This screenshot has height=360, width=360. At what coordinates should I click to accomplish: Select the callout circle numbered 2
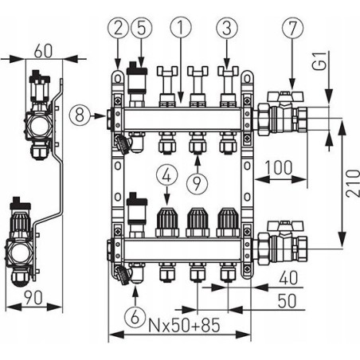point(118,28)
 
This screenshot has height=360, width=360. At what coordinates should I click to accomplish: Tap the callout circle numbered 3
point(227,28)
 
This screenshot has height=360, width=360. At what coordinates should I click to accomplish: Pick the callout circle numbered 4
point(166,177)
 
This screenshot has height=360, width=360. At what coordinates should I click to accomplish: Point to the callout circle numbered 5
point(141,28)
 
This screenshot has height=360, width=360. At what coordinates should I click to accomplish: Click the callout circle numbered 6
point(135,316)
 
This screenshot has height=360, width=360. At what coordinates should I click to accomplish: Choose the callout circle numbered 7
point(292,28)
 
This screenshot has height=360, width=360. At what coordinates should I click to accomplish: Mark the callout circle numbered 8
point(80,115)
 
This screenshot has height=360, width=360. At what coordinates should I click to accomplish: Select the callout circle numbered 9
point(197,184)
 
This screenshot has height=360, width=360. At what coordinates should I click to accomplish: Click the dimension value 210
point(353,183)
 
